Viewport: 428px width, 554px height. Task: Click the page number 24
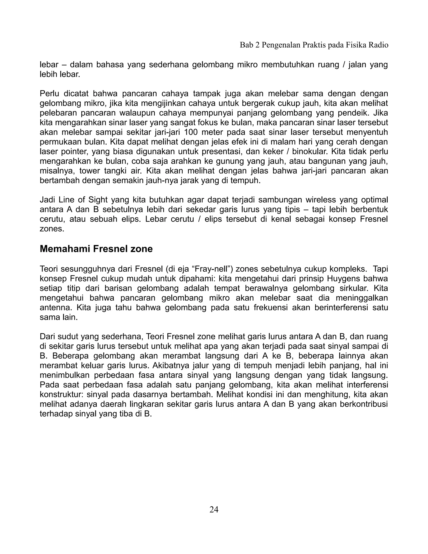pyautogui.click(x=214, y=509)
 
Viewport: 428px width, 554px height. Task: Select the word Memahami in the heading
pyautogui.click(x=65, y=249)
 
